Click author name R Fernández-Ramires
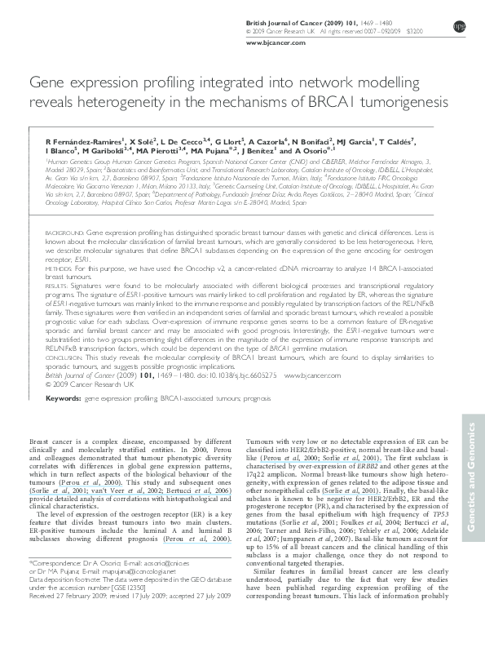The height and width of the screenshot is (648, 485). click(x=85, y=141)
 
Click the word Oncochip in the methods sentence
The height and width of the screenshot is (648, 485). click(x=165, y=269)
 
